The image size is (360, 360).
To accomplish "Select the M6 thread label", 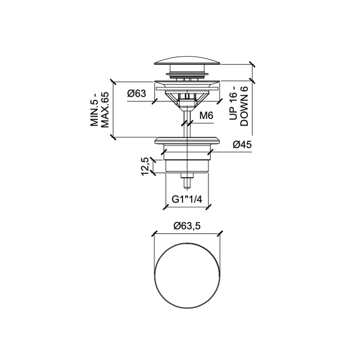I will (206, 116).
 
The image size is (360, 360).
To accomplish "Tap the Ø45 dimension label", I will (241, 145).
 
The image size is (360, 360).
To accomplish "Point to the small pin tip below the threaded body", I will (187, 181).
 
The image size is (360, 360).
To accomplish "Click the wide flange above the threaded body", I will (188, 140).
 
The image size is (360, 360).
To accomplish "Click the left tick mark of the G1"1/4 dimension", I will (165, 207).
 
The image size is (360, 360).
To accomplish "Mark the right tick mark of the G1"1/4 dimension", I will (210, 207).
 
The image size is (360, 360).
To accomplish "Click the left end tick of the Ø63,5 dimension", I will (154, 233).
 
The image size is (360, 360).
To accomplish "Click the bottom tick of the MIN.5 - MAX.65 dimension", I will (113, 137).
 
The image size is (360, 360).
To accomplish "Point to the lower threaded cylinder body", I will (187, 162).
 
